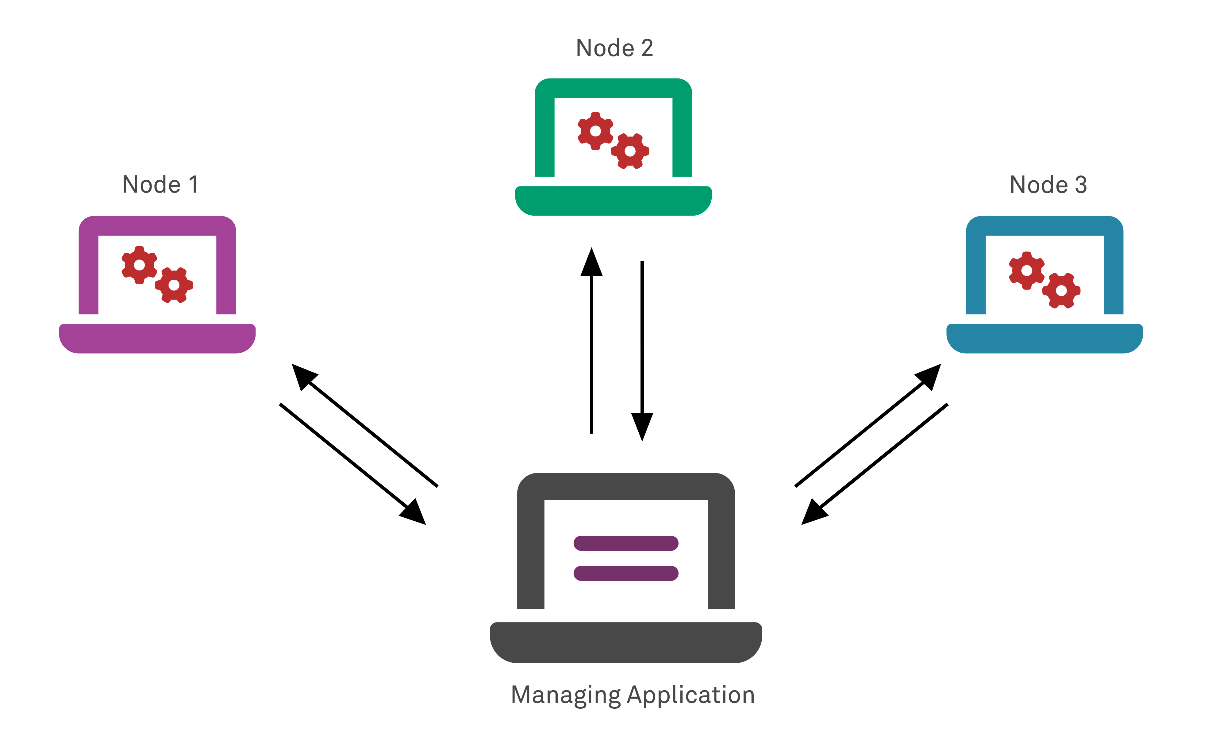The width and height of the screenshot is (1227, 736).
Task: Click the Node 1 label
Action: point(160,185)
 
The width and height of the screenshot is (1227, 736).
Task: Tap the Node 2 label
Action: point(614,48)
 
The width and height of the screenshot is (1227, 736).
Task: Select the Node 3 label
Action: point(1048,185)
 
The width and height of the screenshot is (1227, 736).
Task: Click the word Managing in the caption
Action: point(565,695)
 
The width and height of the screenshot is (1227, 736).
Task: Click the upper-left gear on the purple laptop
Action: point(139,265)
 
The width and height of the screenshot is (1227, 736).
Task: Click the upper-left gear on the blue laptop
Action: point(1027,270)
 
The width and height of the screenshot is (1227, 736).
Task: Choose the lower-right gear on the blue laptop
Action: point(1061,291)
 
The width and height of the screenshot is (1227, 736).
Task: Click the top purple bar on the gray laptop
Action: point(626,543)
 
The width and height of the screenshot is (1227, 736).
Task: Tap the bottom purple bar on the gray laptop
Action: point(626,573)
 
